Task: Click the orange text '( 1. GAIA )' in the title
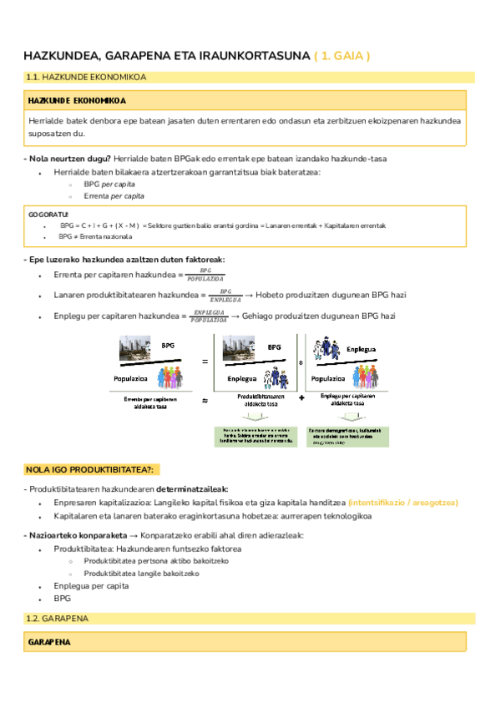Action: click(342, 56)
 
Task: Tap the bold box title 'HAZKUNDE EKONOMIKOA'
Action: click(77, 100)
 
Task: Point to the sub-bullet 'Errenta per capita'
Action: click(114, 196)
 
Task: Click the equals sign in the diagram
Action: click(205, 360)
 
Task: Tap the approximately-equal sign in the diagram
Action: click(205, 402)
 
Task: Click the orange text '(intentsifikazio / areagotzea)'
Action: click(403, 503)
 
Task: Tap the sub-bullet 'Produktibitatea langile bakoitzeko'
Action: click(141, 574)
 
